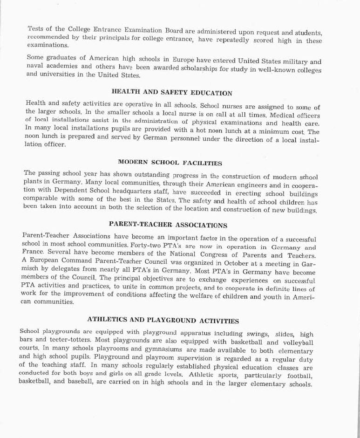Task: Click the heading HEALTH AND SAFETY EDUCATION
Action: [x=172, y=93]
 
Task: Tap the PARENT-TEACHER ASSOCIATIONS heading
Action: [x=168, y=225]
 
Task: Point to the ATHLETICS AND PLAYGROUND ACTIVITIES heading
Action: [x=163, y=321]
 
